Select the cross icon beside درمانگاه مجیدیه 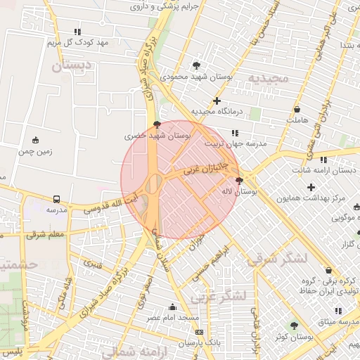tap(217, 101)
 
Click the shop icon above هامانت tap(297, 110)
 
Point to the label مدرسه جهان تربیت tap(236, 143)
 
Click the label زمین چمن tap(36, 151)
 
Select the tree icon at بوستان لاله tap(239, 181)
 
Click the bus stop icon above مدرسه tap(56, 199)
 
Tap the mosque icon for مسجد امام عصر tap(172, 307)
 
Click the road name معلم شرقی tap(46, 234)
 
